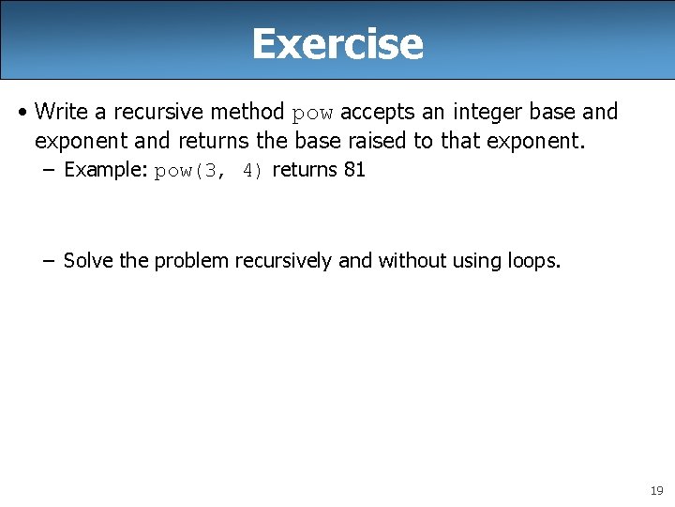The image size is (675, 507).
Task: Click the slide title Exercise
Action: click(337, 43)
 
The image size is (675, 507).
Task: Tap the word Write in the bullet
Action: click(61, 112)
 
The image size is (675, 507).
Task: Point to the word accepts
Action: click(375, 112)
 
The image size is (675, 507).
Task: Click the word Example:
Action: click(106, 170)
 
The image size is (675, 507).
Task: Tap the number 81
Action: click(354, 170)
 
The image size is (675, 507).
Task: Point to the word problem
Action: click(191, 260)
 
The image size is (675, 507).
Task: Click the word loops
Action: click(532, 260)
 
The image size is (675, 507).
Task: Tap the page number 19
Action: click(655, 491)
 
